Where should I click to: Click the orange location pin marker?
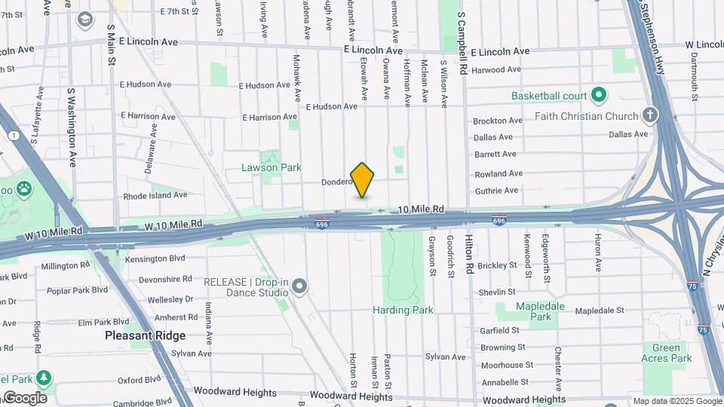pyautogui.click(x=362, y=179)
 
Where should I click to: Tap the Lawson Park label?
pyautogui.click(x=261, y=167)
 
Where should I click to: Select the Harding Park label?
pyautogui.click(x=403, y=310)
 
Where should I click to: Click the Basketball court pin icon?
pyautogui.click(x=599, y=96)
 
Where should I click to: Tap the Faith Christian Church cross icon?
pyautogui.click(x=650, y=116)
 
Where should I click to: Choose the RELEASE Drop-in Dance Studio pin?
pyautogui.click(x=300, y=286)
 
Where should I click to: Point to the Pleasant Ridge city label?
pyautogui.click(x=145, y=335)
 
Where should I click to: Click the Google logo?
pyautogui.click(x=24, y=398)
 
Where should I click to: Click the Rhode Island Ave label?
pyautogui.click(x=155, y=194)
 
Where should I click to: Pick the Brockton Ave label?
pyautogui.click(x=497, y=121)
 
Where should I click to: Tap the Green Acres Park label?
pyautogui.click(x=667, y=353)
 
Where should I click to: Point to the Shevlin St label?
pyautogui.click(x=496, y=292)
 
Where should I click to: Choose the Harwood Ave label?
pyautogui.click(x=496, y=70)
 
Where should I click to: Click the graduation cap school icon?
pyautogui.click(x=84, y=18)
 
